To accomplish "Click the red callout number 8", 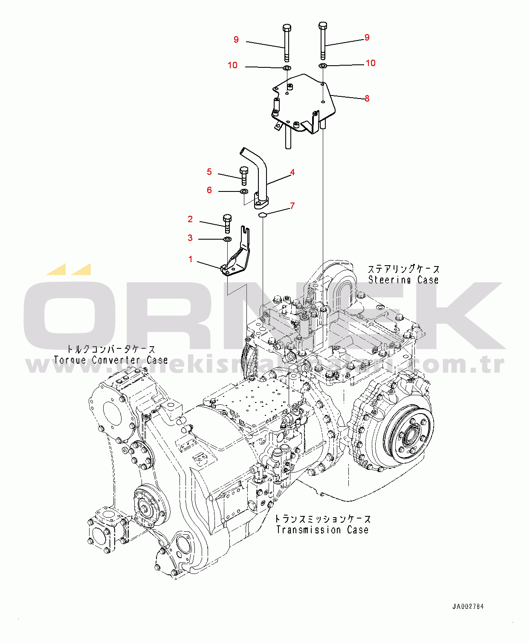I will click(x=367, y=98).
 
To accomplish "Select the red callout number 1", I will click(x=191, y=259).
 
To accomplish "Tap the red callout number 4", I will click(x=292, y=172).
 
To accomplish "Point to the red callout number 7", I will click(x=292, y=206).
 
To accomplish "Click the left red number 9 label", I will click(x=236, y=40).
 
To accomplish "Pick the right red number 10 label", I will click(x=370, y=63).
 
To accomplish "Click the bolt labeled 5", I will click(x=244, y=175).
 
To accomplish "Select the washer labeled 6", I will click(x=244, y=191).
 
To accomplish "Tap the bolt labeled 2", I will click(x=227, y=223).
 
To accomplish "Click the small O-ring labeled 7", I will click(x=262, y=214).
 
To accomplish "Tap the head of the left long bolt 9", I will click(x=287, y=28).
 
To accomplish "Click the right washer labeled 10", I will click(x=323, y=66).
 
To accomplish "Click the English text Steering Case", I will click(x=403, y=280).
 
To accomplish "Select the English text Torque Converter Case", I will click(x=111, y=360).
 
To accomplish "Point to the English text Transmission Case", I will click(x=322, y=530).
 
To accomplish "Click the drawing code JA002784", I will click(x=468, y=606).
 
